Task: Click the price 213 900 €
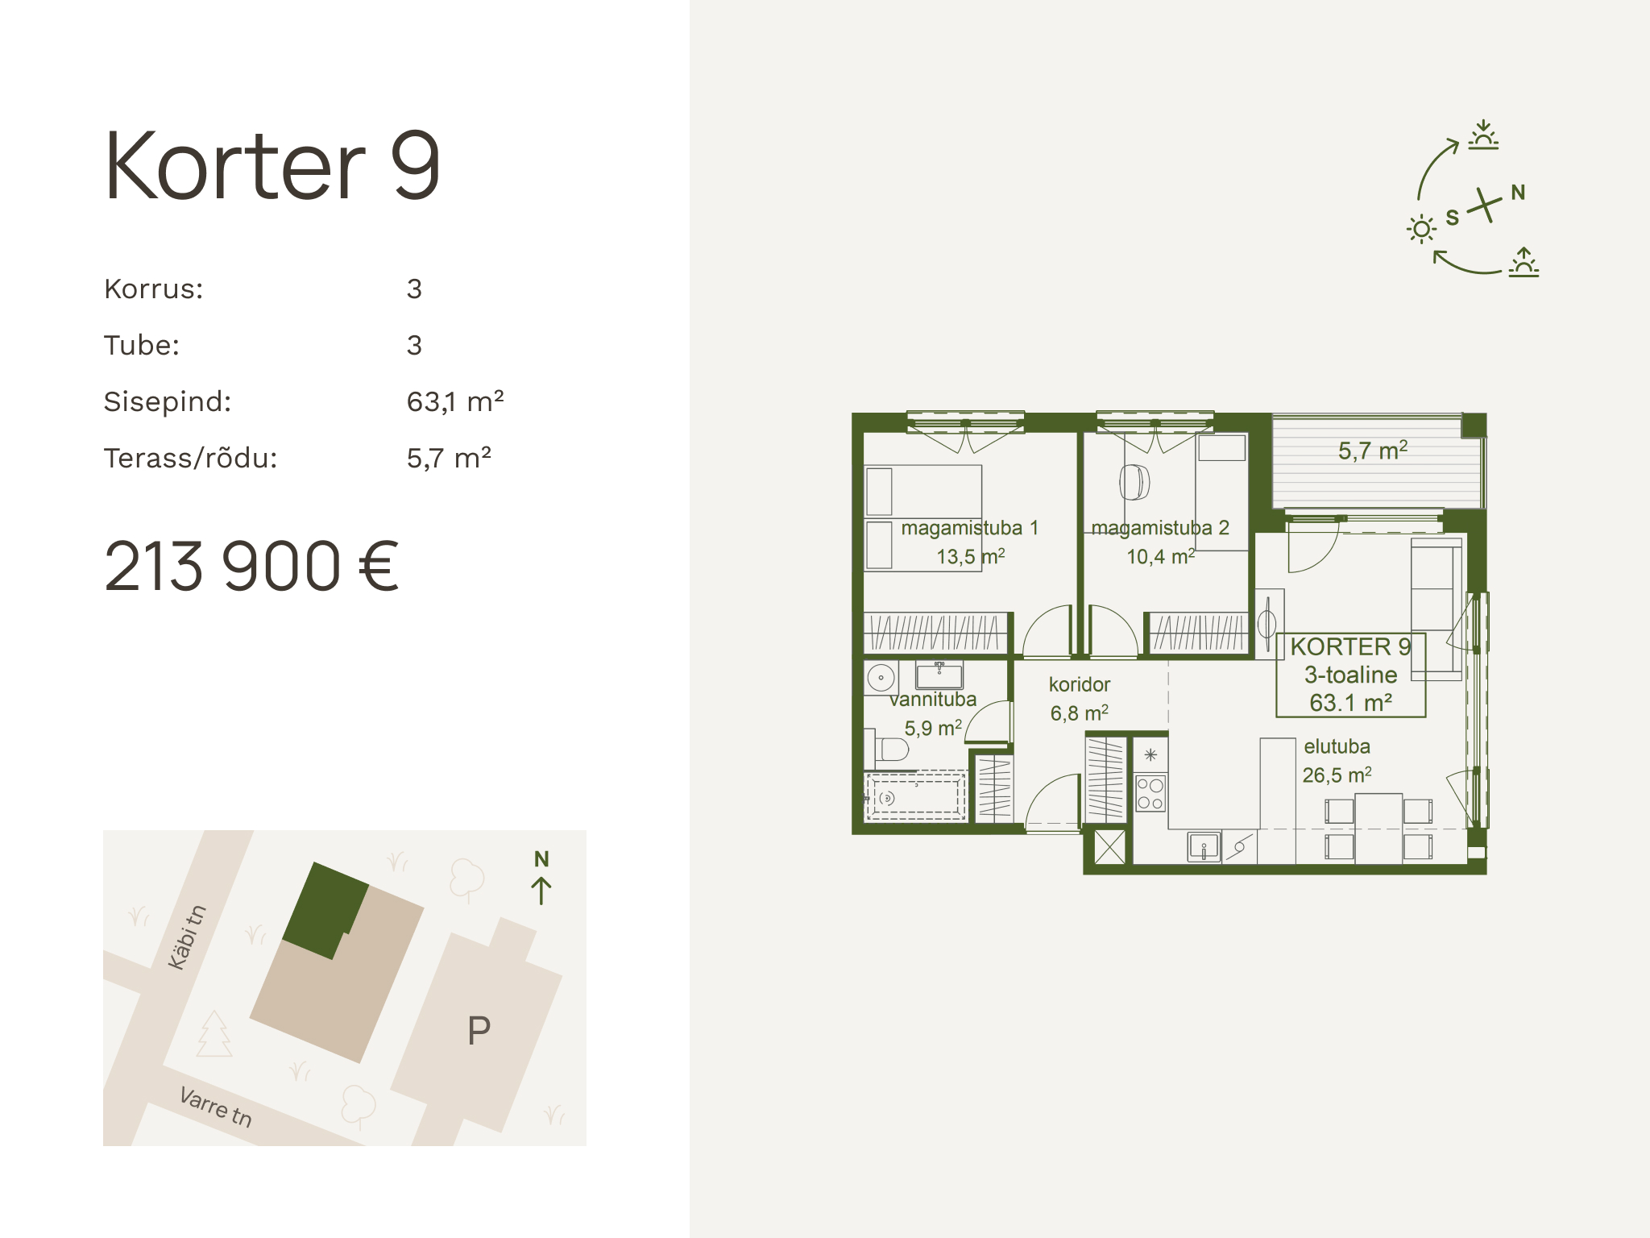click(x=251, y=567)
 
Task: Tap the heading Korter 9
click(x=272, y=166)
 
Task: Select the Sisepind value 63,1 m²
click(x=455, y=401)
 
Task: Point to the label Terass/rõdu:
click(x=190, y=458)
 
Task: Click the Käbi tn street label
click(x=187, y=937)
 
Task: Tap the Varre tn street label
click(x=216, y=1107)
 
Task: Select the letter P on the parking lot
click(x=479, y=1030)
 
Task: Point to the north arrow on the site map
click(x=541, y=890)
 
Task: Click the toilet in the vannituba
click(x=889, y=750)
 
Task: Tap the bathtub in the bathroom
click(x=916, y=798)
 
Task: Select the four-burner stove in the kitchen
click(x=1150, y=793)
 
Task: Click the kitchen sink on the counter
click(x=1204, y=847)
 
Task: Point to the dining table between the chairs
click(x=1378, y=829)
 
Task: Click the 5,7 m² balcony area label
click(x=1373, y=451)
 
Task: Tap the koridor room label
click(x=1080, y=684)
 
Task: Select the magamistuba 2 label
click(x=1160, y=528)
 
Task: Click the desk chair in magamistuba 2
click(x=1134, y=482)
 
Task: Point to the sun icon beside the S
click(x=1421, y=230)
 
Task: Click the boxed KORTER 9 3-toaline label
click(x=1351, y=675)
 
